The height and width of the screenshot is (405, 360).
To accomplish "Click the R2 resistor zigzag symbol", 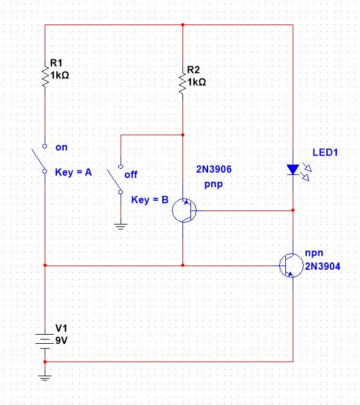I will (x=182, y=84).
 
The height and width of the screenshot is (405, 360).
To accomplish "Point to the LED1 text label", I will (x=324, y=152).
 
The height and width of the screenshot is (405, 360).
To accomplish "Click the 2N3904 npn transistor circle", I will (x=291, y=266).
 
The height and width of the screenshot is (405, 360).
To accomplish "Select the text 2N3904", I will (x=323, y=267).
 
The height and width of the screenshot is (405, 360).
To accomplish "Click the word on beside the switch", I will (x=61, y=147).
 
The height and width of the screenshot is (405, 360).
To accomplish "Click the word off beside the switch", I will (x=131, y=174).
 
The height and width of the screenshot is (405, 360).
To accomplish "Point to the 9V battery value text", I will (x=62, y=339).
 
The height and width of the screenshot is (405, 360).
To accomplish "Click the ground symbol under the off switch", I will (x=121, y=226).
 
